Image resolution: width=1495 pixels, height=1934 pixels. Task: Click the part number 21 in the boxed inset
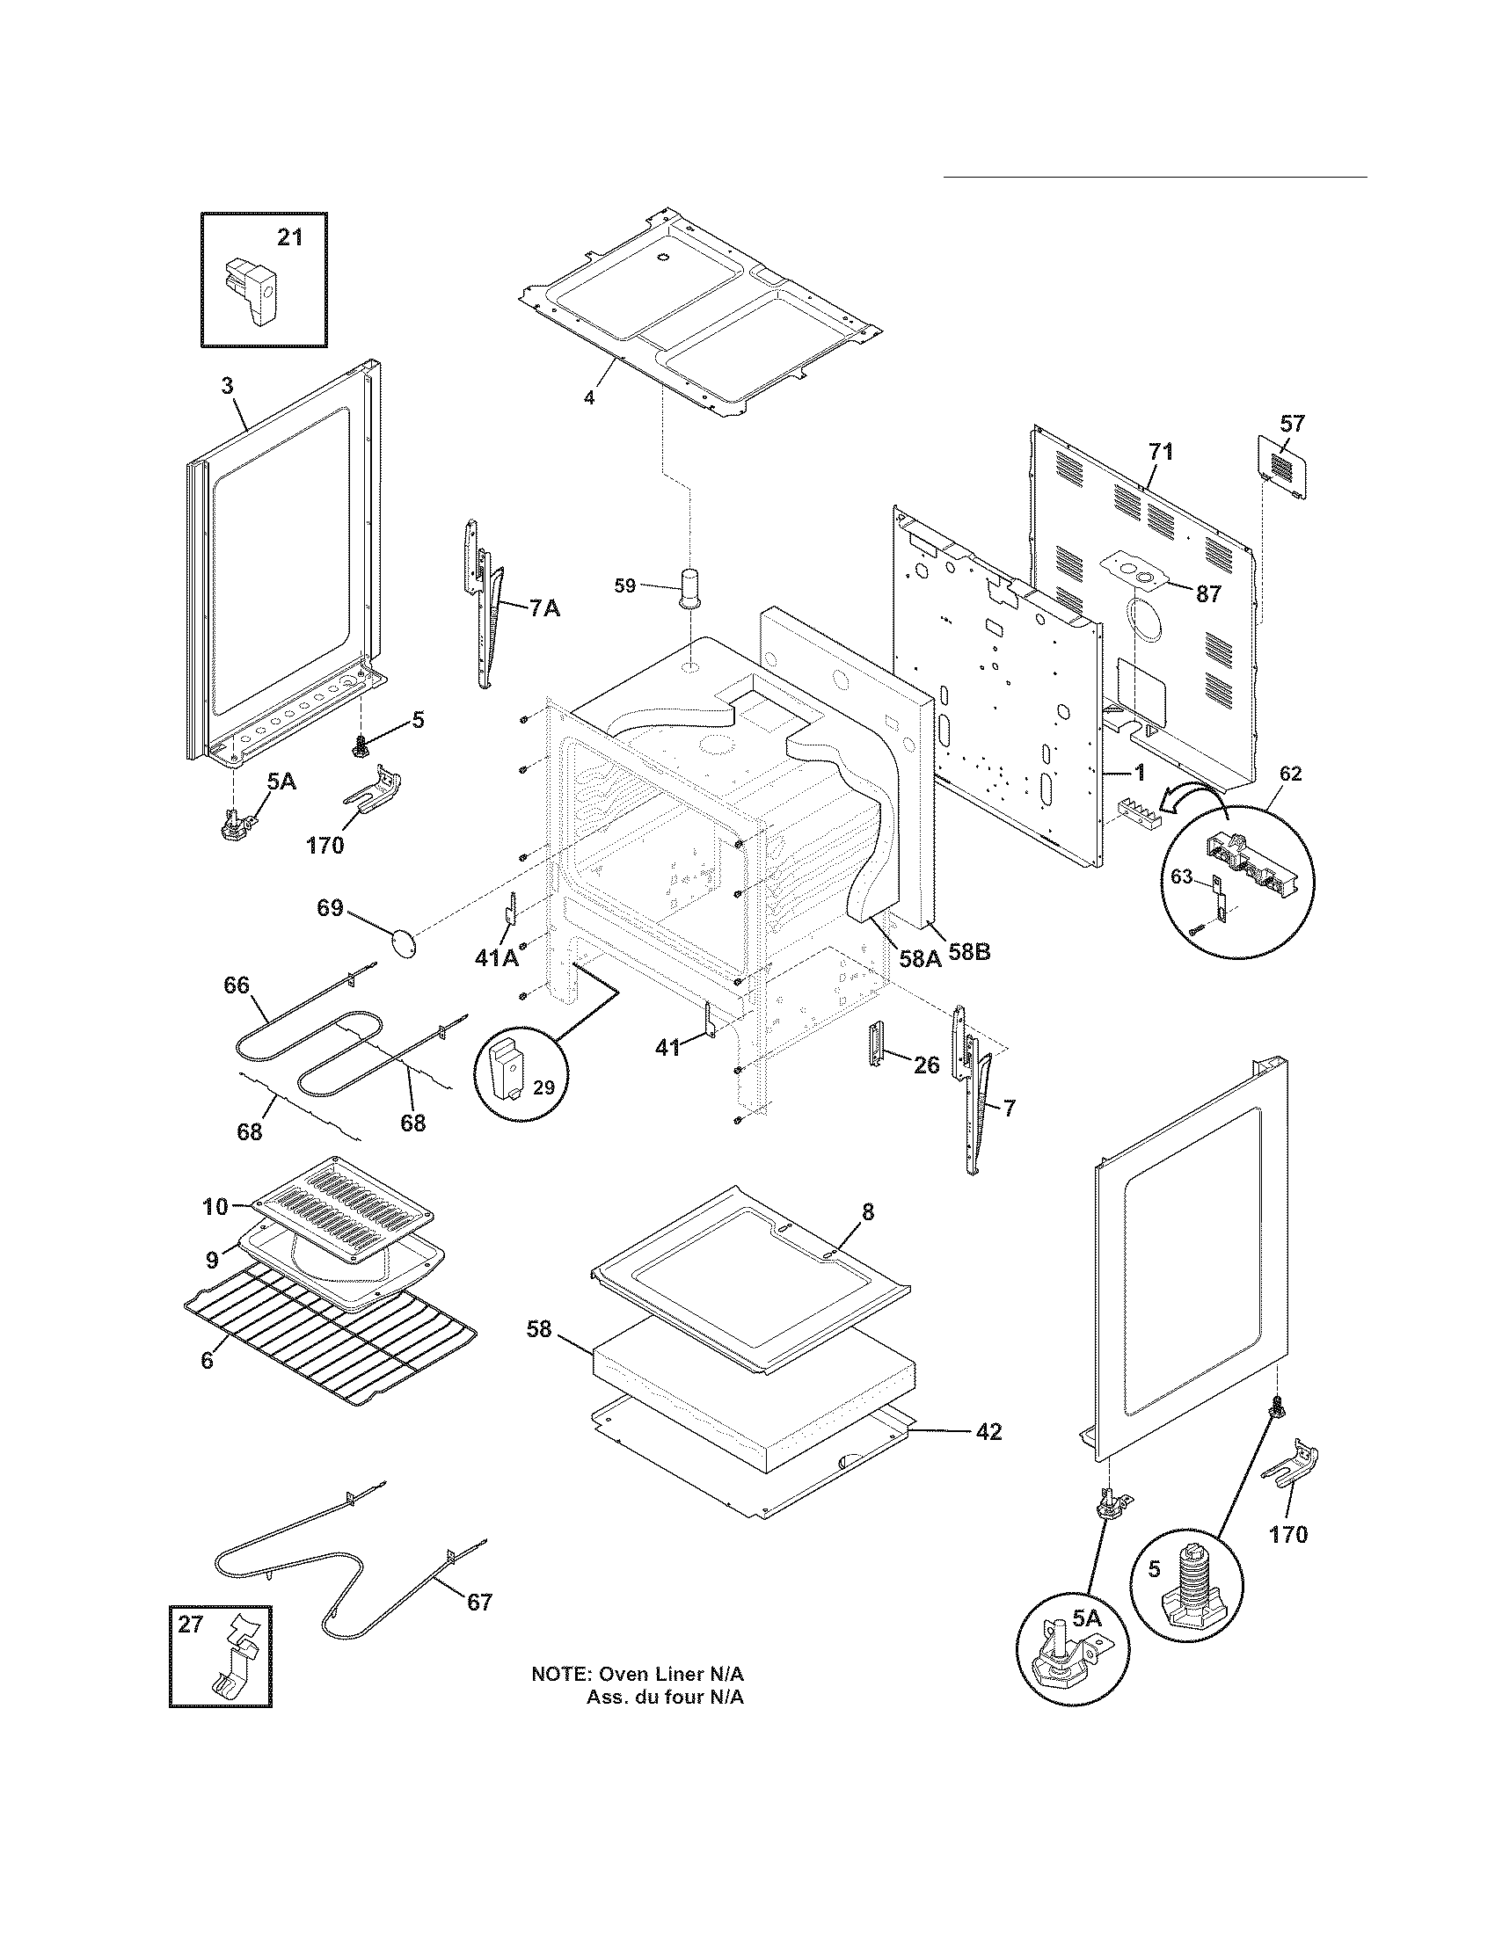coord(289,237)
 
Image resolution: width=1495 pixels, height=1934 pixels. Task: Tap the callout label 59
coord(625,585)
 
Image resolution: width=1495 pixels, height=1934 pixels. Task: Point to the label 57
coord(1292,424)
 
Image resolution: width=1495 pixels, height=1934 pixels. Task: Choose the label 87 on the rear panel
coord(1209,593)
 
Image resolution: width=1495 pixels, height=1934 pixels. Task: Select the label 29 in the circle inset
coord(543,1087)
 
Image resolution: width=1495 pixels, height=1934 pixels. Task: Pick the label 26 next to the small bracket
coord(925,1065)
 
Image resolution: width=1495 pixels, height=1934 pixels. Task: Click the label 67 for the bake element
coord(479,1602)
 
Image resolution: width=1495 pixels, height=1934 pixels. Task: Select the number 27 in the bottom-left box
coord(191,1624)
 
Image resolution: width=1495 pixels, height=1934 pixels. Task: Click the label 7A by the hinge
coord(544,608)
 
